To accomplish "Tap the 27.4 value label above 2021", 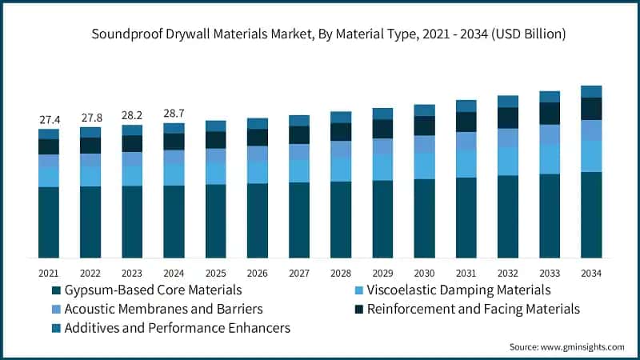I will [49, 120].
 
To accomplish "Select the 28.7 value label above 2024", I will [174, 114].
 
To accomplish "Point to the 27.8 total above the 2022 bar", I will [90, 118].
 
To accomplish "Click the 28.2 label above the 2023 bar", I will [132, 116].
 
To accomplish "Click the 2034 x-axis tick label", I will [591, 273].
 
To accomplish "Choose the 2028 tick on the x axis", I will [341, 273].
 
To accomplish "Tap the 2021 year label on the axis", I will [49, 273].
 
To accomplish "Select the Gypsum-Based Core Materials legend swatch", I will [55, 290].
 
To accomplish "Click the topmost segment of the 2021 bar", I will [49, 134].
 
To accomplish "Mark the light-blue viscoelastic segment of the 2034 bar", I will [591, 156].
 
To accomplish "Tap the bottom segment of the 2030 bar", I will [424, 218].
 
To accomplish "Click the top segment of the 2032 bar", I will [507, 101].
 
